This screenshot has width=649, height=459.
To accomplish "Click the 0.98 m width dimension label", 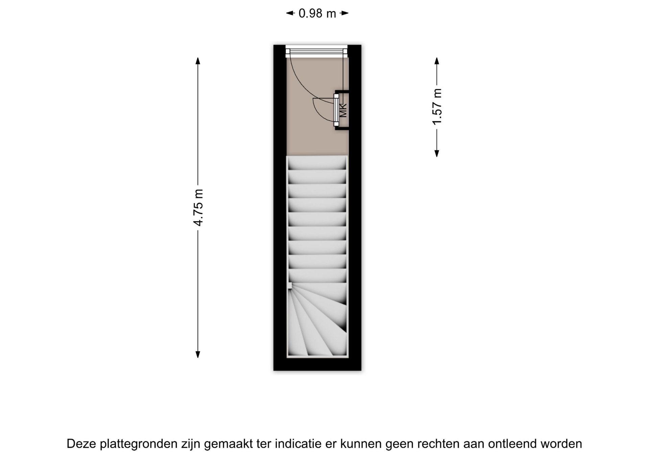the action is click(x=317, y=14).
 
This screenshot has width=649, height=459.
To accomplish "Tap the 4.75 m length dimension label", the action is click(x=198, y=208).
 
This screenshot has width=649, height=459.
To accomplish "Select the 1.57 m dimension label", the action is click(x=437, y=107).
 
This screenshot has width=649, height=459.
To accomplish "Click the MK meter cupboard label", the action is click(x=343, y=111).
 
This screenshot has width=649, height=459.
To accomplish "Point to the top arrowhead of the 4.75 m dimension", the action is click(x=198, y=61).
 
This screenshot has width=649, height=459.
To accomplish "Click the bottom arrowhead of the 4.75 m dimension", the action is click(x=198, y=355).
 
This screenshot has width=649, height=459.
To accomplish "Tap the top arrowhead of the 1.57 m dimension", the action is click(x=437, y=61).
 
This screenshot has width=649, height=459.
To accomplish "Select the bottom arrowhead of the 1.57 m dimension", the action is click(x=437, y=153).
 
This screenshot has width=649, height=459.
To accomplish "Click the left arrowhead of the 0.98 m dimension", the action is click(x=290, y=14).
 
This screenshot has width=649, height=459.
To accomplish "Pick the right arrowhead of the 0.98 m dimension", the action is click(x=344, y=14).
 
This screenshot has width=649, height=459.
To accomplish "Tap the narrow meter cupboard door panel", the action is click(x=336, y=110).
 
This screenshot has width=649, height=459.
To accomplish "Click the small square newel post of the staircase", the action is click(x=290, y=286).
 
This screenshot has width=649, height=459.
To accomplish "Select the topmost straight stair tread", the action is click(x=317, y=163).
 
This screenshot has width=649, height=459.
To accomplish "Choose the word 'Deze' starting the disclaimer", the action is click(x=81, y=444).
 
